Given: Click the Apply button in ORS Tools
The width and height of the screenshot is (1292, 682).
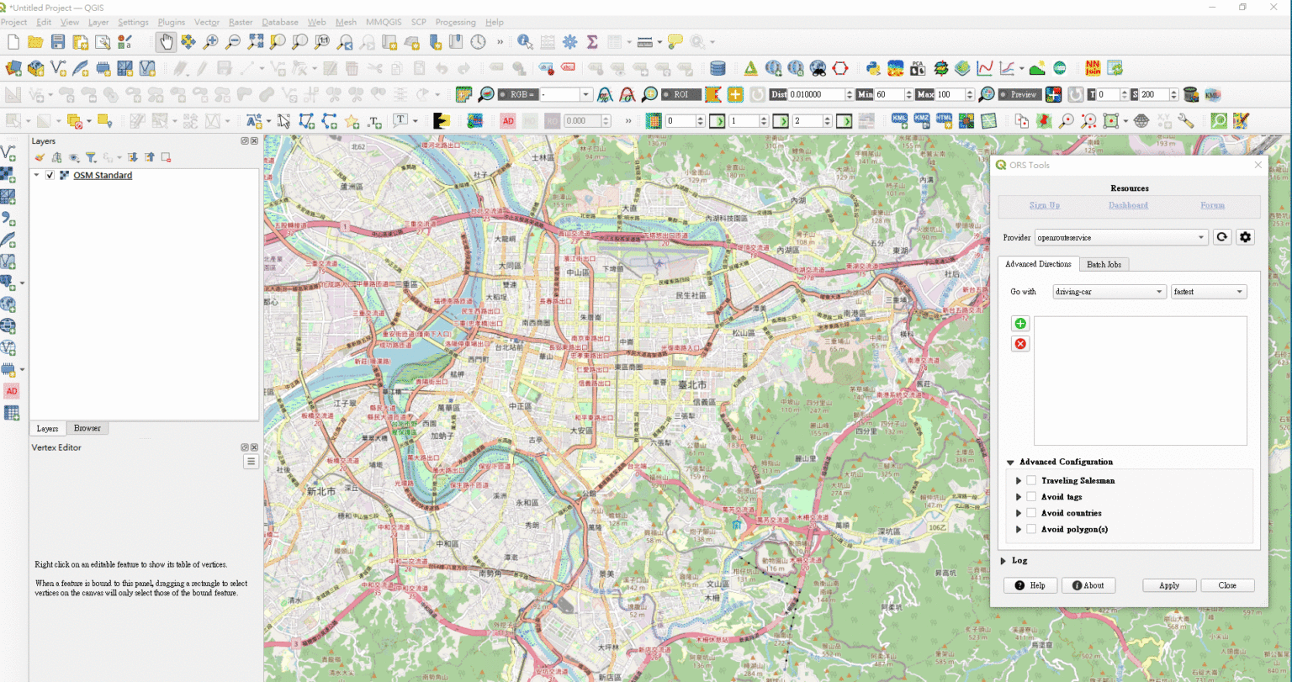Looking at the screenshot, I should pyautogui.click(x=1169, y=585).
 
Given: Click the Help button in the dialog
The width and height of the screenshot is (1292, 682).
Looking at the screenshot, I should pyautogui.click(x=1030, y=585).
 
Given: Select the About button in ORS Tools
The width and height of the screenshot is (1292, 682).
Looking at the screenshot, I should pyautogui.click(x=1088, y=585).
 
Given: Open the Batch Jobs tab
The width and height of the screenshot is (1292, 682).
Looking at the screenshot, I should pyautogui.click(x=1104, y=264).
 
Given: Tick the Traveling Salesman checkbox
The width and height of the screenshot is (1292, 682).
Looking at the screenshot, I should pyautogui.click(x=1031, y=480).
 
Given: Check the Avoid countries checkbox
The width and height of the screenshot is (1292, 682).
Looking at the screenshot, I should pyautogui.click(x=1031, y=513).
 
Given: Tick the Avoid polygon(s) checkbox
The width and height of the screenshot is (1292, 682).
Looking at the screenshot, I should pyautogui.click(x=1031, y=529).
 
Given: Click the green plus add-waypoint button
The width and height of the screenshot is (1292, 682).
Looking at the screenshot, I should pyautogui.click(x=1020, y=324).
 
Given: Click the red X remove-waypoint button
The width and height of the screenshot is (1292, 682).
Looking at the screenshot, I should pyautogui.click(x=1020, y=344).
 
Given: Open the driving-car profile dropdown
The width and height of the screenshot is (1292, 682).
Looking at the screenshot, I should pyautogui.click(x=1109, y=292).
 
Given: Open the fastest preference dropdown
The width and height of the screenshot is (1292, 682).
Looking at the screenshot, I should pyautogui.click(x=1209, y=292).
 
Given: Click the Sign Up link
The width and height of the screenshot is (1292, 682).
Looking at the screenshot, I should pyautogui.click(x=1045, y=205).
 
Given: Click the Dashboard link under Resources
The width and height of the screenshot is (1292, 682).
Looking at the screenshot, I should pyautogui.click(x=1128, y=205).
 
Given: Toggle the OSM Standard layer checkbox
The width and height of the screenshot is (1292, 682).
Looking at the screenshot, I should pyautogui.click(x=50, y=176).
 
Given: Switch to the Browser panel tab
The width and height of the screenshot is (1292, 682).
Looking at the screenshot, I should pyautogui.click(x=87, y=428).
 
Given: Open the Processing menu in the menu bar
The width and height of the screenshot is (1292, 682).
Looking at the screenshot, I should pyautogui.click(x=455, y=22).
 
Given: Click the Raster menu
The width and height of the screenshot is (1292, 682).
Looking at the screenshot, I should pyautogui.click(x=241, y=22).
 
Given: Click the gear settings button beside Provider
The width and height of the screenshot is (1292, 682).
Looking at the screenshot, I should pyautogui.click(x=1246, y=237).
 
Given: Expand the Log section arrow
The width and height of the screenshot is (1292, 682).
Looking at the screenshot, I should pyautogui.click(x=1003, y=560).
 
